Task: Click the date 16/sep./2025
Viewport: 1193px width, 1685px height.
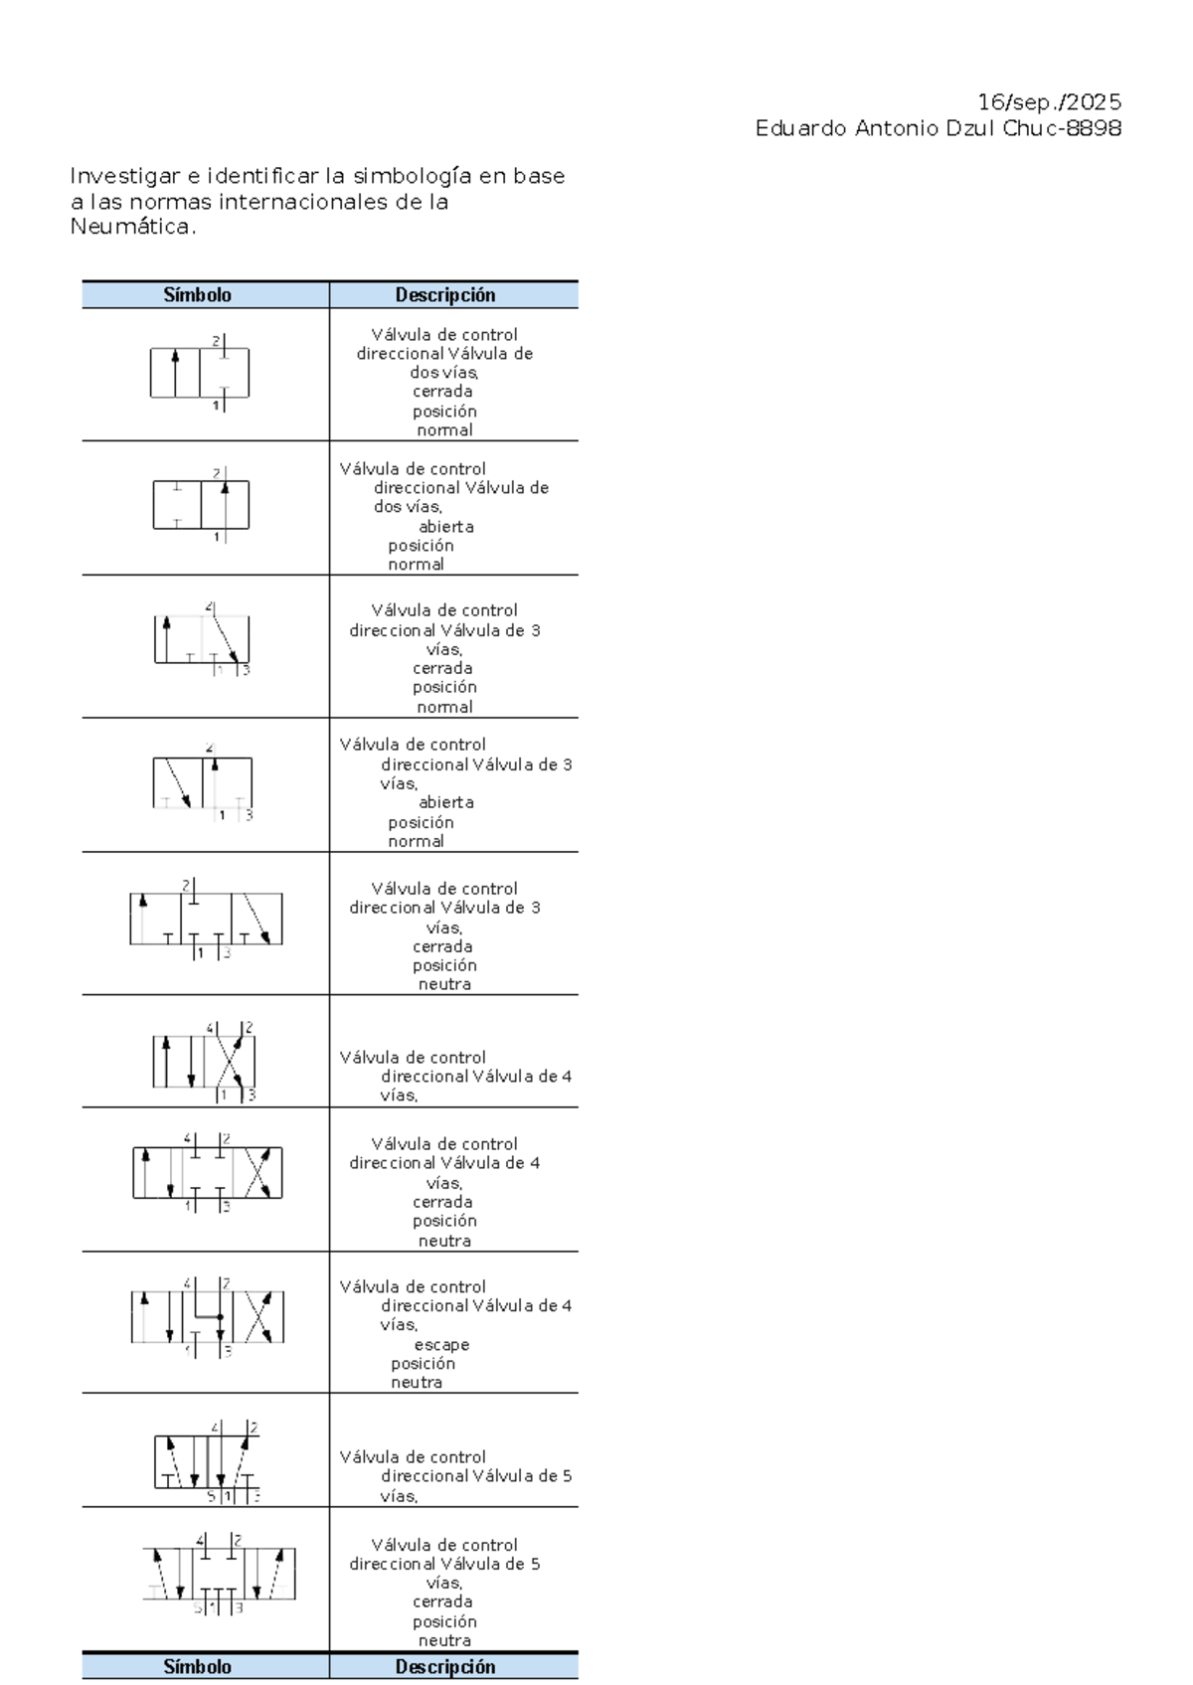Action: [1049, 102]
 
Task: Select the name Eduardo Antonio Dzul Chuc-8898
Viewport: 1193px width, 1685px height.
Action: [937, 128]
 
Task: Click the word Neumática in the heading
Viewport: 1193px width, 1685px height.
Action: [129, 227]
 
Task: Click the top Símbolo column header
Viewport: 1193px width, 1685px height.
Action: [197, 295]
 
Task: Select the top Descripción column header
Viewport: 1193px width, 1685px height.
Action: [444, 295]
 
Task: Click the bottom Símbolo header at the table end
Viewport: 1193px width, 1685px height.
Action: [197, 1667]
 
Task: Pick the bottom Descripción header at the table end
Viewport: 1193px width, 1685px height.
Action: [444, 1667]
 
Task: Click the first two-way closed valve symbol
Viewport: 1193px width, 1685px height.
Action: [200, 374]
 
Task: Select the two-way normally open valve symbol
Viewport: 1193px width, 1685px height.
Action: [201, 505]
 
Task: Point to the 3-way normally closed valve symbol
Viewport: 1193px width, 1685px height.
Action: [202, 639]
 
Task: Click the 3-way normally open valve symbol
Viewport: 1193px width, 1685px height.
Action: [203, 783]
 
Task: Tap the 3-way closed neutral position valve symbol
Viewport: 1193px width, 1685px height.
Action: [206, 920]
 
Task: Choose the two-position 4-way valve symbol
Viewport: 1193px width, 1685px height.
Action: [205, 1062]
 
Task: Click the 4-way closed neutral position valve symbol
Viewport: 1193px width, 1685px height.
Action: [207, 1173]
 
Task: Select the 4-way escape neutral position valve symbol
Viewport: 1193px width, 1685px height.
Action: [207, 1317]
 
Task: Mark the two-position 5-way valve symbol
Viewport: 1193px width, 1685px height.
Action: [206, 1462]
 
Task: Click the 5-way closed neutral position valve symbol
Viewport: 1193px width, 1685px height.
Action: [219, 1574]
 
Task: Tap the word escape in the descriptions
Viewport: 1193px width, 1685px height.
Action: [441, 1345]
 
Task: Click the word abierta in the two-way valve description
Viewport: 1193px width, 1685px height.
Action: [445, 527]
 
